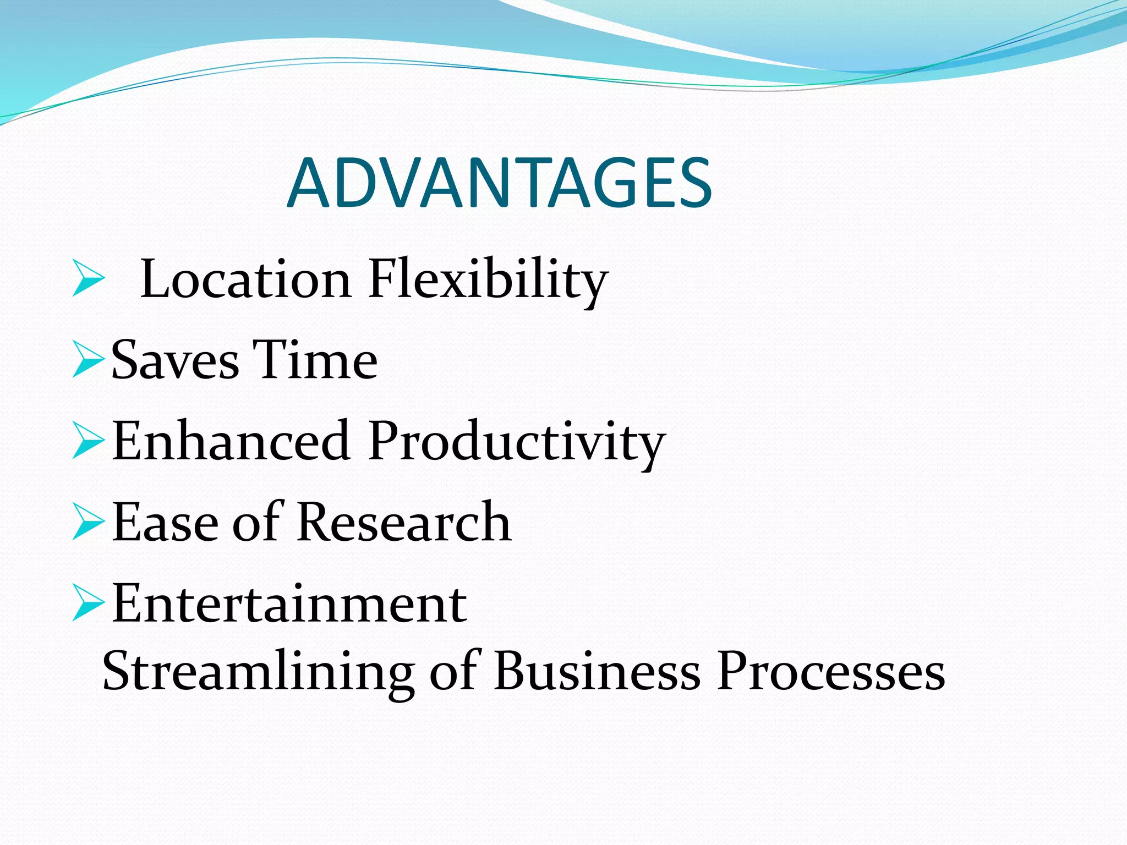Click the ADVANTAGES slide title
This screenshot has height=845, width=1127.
point(499,183)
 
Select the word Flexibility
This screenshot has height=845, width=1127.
point(488,281)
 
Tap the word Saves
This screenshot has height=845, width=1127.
point(175,360)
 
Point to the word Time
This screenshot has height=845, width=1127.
point(315,360)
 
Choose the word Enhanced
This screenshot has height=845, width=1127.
point(231,441)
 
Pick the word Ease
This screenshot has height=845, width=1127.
point(165,522)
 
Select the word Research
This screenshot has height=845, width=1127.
point(404,522)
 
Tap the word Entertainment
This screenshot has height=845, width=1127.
point(289,603)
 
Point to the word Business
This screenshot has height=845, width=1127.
point(598,671)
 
